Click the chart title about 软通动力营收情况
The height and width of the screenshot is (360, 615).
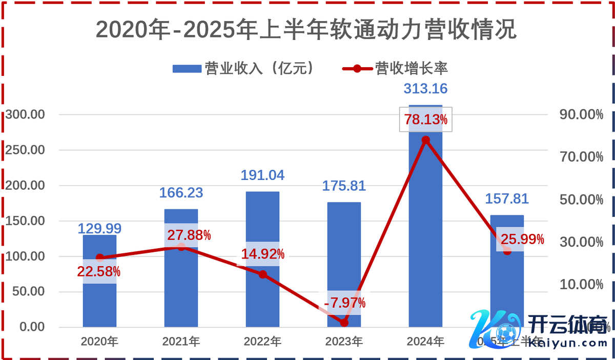[x=306, y=30]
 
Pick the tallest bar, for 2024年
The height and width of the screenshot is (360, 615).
[x=425, y=231]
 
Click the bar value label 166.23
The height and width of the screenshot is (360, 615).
[x=181, y=193]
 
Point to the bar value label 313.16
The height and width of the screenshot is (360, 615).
[x=425, y=89]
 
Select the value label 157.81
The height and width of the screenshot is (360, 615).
[x=507, y=198]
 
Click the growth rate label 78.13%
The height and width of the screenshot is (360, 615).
[x=425, y=120]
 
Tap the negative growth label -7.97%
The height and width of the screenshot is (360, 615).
[x=344, y=303]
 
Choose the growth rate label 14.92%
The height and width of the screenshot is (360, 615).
[x=263, y=254]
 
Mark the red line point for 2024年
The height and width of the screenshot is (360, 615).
[x=425, y=140]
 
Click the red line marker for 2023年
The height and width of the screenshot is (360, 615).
[x=344, y=323]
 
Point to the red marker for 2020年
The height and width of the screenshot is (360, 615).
[x=99, y=257]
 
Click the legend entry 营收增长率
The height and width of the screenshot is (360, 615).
[x=397, y=69]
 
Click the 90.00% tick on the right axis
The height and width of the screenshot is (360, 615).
[x=581, y=114]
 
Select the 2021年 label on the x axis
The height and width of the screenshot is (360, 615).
[x=181, y=342]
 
